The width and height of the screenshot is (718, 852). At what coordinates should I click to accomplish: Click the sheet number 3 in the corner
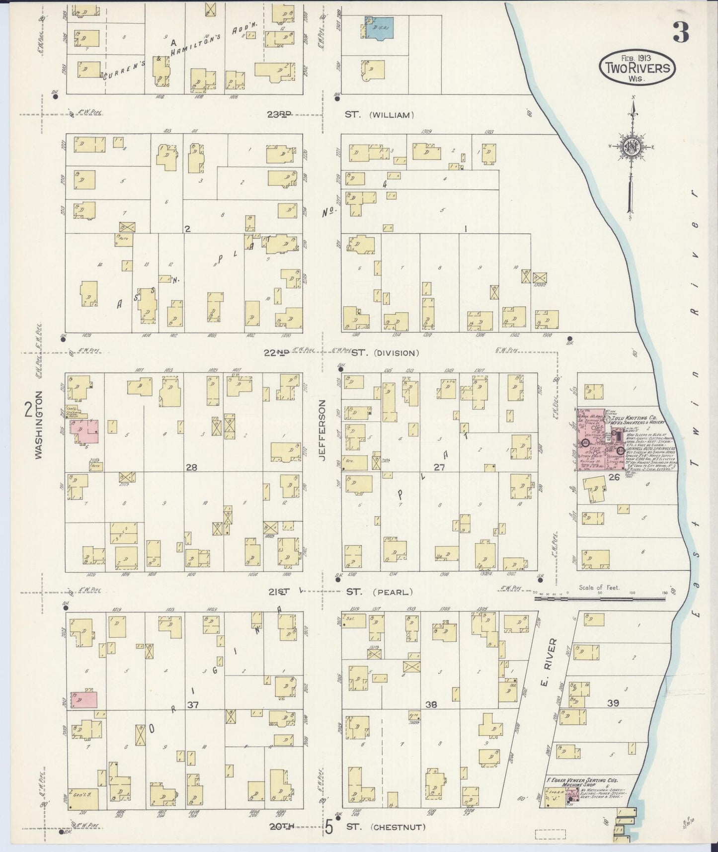[x=681, y=33]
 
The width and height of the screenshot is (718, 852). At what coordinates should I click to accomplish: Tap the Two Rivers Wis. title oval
[x=637, y=68]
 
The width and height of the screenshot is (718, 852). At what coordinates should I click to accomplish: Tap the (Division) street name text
[x=396, y=353]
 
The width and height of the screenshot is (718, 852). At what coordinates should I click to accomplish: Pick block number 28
[x=191, y=467]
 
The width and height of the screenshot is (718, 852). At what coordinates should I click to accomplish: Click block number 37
[x=193, y=704]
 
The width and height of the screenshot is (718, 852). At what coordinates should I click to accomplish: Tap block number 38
[x=431, y=704]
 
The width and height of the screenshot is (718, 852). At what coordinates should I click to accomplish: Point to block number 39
[x=613, y=703]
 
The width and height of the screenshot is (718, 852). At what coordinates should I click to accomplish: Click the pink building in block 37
[x=84, y=699]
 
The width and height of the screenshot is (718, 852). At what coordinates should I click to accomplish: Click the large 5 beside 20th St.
[x=328, y=829]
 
